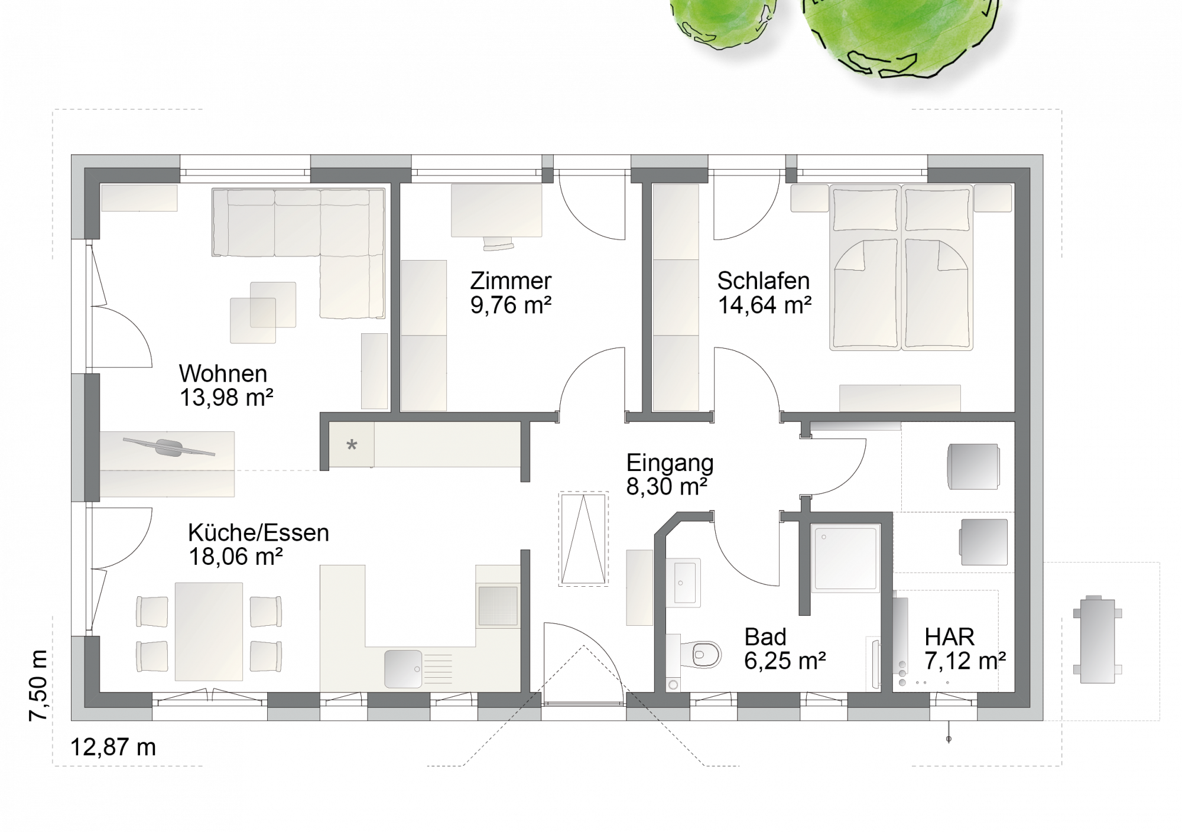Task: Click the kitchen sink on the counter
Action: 403,669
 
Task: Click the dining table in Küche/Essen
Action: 209,631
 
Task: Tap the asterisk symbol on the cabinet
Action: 352,445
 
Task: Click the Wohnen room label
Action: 223,373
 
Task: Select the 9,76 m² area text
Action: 511,305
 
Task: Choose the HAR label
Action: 949,637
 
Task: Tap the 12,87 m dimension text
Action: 113,747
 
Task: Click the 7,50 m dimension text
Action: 38,685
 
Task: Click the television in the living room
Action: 169,447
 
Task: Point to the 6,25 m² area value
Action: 785,661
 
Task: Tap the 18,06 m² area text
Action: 235,556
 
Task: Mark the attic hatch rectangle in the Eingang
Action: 583,539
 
